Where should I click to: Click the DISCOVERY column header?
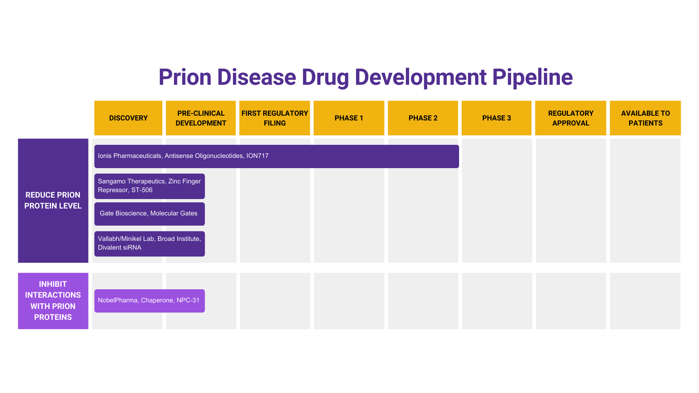(128, 118)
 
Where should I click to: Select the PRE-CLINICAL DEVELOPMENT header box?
(201, 118)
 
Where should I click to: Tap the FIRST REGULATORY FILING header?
(275, 118)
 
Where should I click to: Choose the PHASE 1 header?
(349, 118)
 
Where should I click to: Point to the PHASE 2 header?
(423, 118)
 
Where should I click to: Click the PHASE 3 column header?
(497, 118)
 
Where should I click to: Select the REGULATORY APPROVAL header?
(570, 118)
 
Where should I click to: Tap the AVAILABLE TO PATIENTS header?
(645, 118)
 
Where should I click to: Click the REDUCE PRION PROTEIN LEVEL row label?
(53, 201)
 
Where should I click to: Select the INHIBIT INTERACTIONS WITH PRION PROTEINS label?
(53, 301)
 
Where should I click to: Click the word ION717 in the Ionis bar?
(257, 156)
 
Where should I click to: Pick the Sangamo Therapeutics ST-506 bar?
(149, 186)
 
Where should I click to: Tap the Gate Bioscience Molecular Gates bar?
(149, 214)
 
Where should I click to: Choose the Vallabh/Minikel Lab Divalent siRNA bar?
(149, 243)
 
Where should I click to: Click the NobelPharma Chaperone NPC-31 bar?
(149, 301)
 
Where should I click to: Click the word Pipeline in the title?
(532, 77)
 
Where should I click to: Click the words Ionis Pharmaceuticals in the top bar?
(129, 156)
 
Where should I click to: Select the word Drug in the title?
(325, 77)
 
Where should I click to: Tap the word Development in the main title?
(420, 77)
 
